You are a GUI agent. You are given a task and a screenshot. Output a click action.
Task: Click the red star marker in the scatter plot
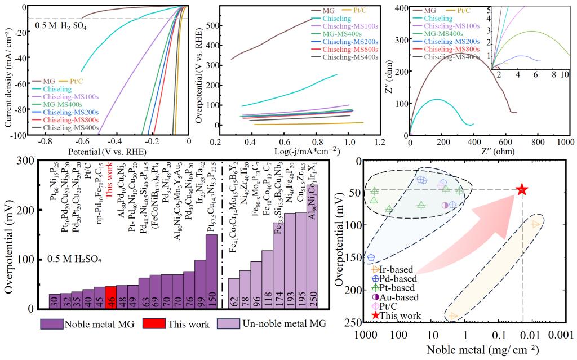pyautogui.click(x=522, y=189)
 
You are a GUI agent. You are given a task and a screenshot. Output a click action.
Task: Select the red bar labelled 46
pyautogui.click(x=110, y=297)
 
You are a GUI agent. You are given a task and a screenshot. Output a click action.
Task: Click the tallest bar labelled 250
pyautogui.click(x=313, y=247)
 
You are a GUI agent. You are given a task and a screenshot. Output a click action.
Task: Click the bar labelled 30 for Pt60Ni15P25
pyautogui.click(x=54, y=301)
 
